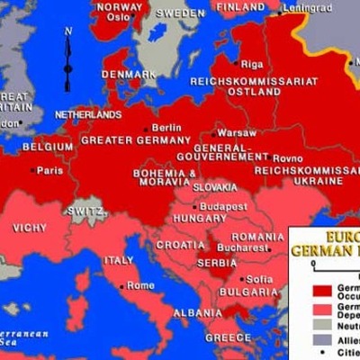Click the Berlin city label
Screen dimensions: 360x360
pos(166,128)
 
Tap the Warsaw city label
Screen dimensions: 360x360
pos(237,132)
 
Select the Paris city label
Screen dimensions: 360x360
pos(50,169)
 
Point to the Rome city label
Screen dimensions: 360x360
pos(140,285)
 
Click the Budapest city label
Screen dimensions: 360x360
pos(224,206)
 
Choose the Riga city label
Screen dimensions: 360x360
pos(251,64)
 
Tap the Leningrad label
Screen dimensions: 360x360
pos(308,8)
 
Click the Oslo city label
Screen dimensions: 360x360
pos(125,15)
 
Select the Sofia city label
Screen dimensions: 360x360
pos(258,279)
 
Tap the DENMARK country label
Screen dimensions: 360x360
pos(122,74)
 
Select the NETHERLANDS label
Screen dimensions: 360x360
pos(87,115)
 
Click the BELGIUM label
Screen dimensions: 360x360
pos(48,146)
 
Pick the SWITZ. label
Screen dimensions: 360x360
pos(86,211)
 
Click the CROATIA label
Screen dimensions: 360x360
pos(180,244)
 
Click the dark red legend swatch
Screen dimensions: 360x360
pos(321,291)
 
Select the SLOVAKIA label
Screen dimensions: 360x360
pos(215,187)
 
